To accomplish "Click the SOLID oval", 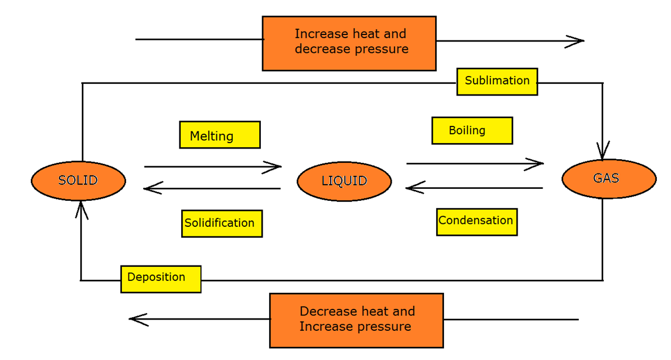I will (78, 180).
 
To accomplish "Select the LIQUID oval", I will (344, 181).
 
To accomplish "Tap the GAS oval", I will (609, 178).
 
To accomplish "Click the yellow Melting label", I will (220, 135).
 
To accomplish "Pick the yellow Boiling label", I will (472, 131).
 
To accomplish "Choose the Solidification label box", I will (222, 223).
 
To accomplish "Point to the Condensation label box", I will (477, 222).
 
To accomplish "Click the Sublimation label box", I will (497, 81).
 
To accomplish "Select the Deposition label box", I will (160, 279).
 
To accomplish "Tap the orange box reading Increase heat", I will (349, 43).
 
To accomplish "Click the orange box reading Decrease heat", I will (356, 320).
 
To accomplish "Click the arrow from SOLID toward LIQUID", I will (212, 167).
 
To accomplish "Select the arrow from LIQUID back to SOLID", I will (212, 189).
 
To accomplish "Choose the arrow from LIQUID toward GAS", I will (475, 163).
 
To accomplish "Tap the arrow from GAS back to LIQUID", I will (474, 188).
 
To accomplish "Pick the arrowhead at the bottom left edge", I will (138, 320).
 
